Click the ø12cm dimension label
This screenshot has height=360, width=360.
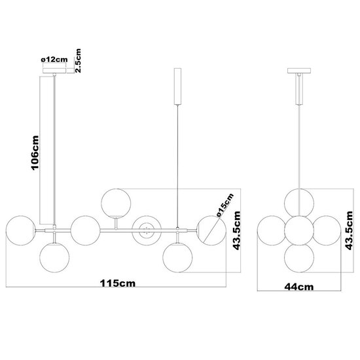click(x=54, y=60)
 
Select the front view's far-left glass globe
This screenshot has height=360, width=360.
click(x=18, y=228)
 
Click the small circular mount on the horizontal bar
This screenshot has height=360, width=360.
click(x=145, y=228)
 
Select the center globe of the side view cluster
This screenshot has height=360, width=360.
click(x=300, y=229)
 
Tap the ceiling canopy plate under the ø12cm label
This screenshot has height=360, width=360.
click(x=54, y=73)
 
